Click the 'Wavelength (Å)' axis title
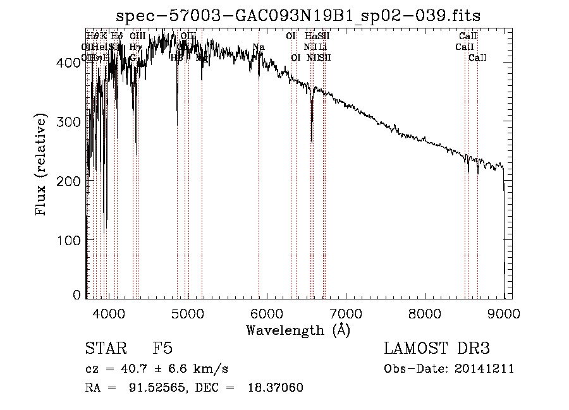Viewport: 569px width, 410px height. click(x=298, y=330)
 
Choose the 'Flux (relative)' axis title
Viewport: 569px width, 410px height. click(x=42, y=166)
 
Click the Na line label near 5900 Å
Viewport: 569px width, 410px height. click(x=258, y=47)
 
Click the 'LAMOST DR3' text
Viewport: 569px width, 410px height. click(x=436, y=349)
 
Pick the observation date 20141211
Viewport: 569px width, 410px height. click(x=486, y=369)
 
